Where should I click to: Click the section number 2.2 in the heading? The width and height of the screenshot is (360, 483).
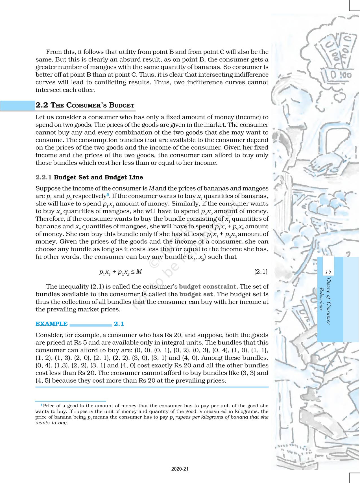point(43,105)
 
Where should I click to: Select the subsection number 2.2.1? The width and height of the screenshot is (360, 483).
point(44,177)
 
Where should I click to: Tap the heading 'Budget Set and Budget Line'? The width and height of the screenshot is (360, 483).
point(99,177)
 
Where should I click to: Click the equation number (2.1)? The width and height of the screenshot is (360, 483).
point(261,272)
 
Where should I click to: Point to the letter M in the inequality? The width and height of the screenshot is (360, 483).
point(139,272)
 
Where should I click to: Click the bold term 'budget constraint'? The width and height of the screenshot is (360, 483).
point(208,287)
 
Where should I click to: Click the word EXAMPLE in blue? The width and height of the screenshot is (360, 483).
point(52,324)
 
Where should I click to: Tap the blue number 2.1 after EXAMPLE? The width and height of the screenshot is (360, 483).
point(119,324)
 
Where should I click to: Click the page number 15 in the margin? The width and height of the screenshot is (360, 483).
point(328,272)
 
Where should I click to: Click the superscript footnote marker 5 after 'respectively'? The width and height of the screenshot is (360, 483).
point(108,194)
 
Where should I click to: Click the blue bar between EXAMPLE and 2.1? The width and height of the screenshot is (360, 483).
point(91,325)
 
